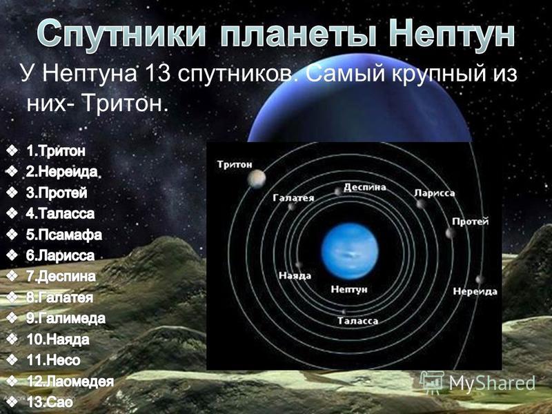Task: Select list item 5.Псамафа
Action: (x=63, y=235)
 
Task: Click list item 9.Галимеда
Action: (x=66, y=318)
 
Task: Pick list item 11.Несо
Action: (x=54, y=360)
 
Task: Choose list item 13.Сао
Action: (x=50, y=402)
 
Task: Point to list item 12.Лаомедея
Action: (x=70, y=382)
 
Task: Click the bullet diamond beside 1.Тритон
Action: (x=12, y=151)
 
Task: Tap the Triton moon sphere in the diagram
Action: (x=256, y=179)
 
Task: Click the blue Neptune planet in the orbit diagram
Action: (x=350, y=251)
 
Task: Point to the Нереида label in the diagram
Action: (x=475, y=291)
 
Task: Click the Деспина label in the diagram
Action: (x=365, y=187)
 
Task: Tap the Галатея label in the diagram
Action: (x=294, y=198)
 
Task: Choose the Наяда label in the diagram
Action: (x=295, y=275)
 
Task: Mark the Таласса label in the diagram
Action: (x=357, y=321)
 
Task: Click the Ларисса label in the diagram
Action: (x=435, y=193)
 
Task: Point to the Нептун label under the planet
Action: (x=349, y=289)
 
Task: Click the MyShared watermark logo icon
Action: (x=433, y=382)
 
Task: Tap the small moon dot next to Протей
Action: (x=450, y=233)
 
